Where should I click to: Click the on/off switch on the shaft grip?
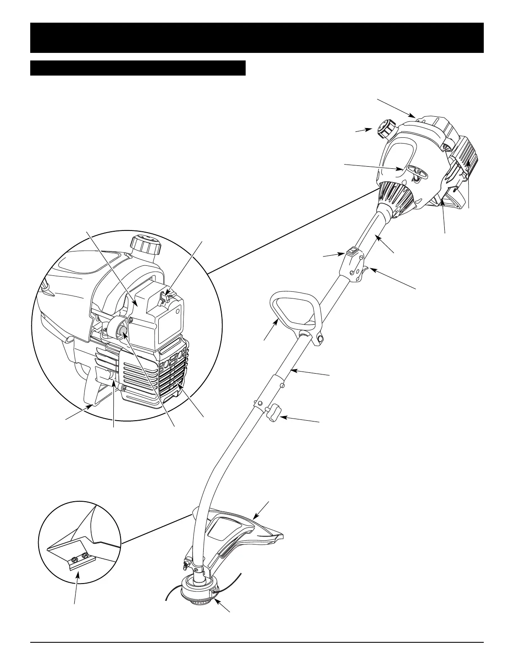click(351, 253)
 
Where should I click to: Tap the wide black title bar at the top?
click(257, 38)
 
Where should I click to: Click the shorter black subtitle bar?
click(138, 68)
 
